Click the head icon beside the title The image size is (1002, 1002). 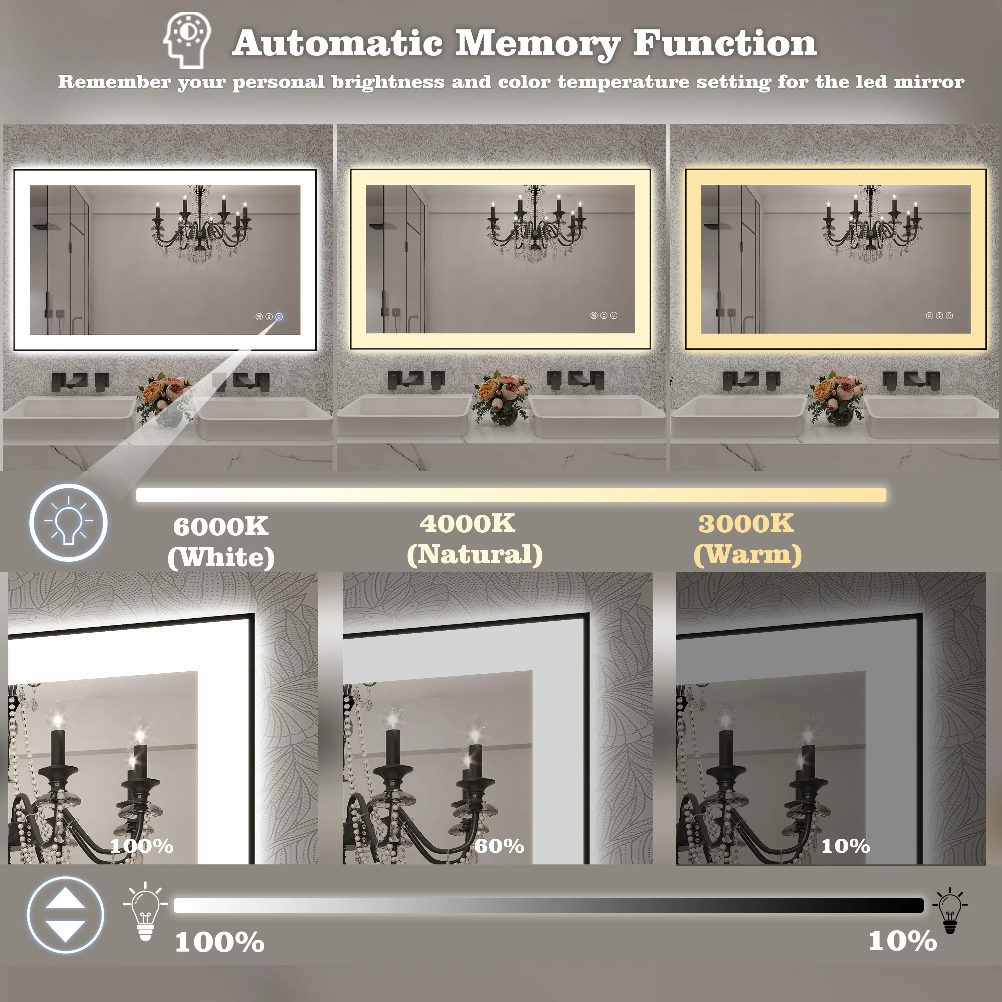187,40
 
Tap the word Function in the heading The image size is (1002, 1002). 724,42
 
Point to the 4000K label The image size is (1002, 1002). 467,523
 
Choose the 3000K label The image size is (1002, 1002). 746,523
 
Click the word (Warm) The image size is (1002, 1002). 747,554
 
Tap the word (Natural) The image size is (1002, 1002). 475,554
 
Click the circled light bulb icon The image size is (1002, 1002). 68,522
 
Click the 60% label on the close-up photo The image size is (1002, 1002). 499,846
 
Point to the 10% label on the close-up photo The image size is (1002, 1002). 845,846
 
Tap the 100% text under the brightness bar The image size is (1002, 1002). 220,942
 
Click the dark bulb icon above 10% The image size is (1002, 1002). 950,910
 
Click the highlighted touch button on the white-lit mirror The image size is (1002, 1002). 279,316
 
